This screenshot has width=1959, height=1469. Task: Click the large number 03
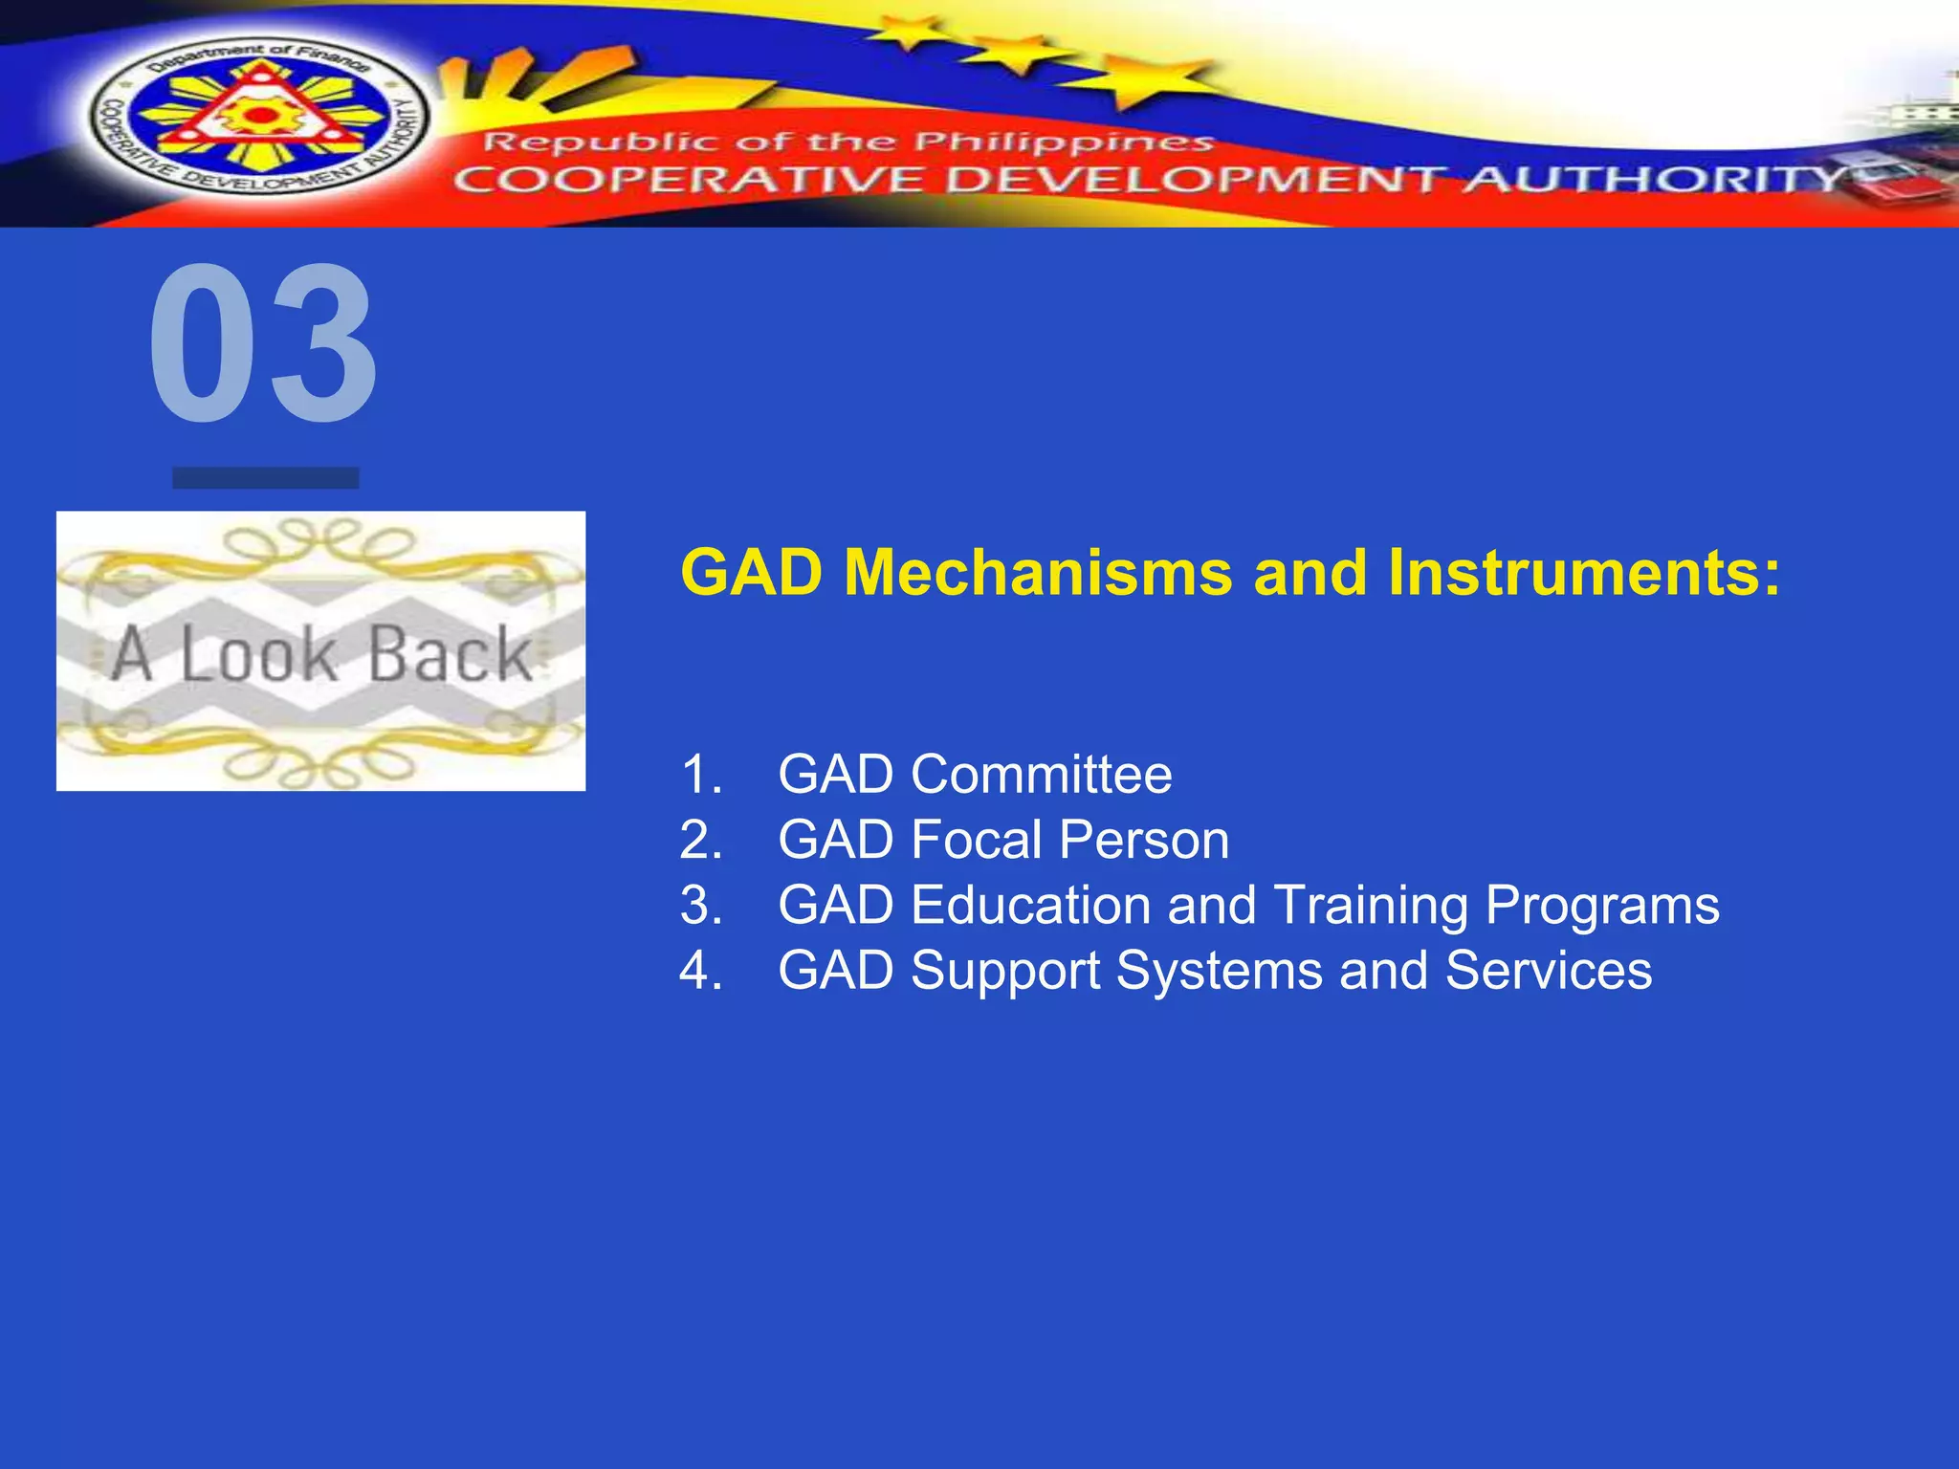point(263,344)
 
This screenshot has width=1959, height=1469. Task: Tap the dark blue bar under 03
point(265,477)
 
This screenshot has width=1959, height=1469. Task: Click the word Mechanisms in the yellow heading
point(1038,573)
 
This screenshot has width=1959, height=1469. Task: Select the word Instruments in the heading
point(1583,573)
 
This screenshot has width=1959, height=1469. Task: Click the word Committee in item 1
point(1041,774)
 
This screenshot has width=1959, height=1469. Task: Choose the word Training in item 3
point(1371,905)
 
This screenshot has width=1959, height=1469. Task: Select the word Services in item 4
point(1548,971)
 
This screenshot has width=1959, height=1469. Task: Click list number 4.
point(700,971)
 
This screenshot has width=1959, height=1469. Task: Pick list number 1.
point(700,774)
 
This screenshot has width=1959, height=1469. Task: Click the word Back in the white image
point(450,654)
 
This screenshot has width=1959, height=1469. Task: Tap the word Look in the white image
point(258,654)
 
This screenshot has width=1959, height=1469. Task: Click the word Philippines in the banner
point(1062,143)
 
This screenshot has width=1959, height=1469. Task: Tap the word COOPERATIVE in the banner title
point(689,180)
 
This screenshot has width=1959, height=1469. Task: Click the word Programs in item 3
point(1602,906)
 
